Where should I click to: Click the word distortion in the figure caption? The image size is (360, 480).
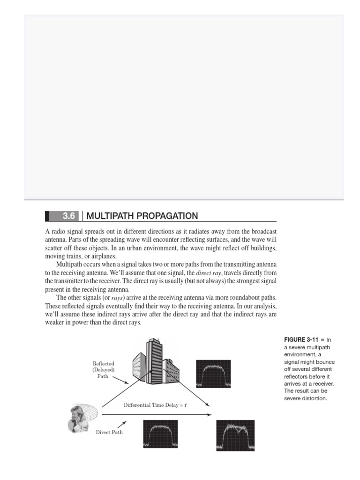311,399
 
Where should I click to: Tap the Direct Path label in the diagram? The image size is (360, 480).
109,432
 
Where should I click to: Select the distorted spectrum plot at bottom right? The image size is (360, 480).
235,435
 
